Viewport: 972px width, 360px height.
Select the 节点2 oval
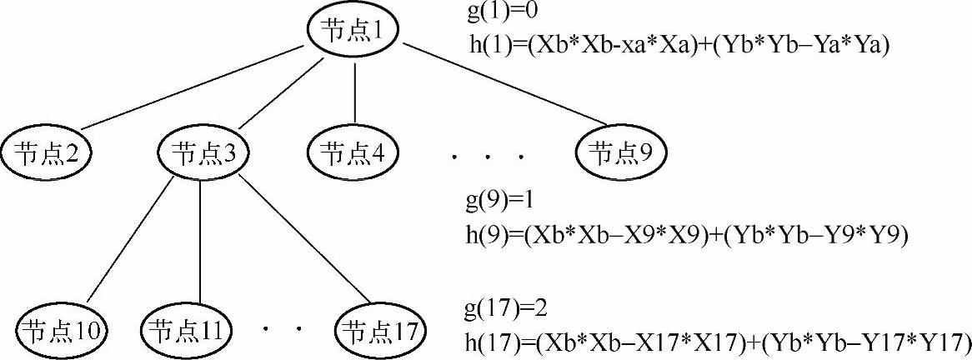click(46, 153)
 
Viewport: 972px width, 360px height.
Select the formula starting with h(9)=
click(685, 234)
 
